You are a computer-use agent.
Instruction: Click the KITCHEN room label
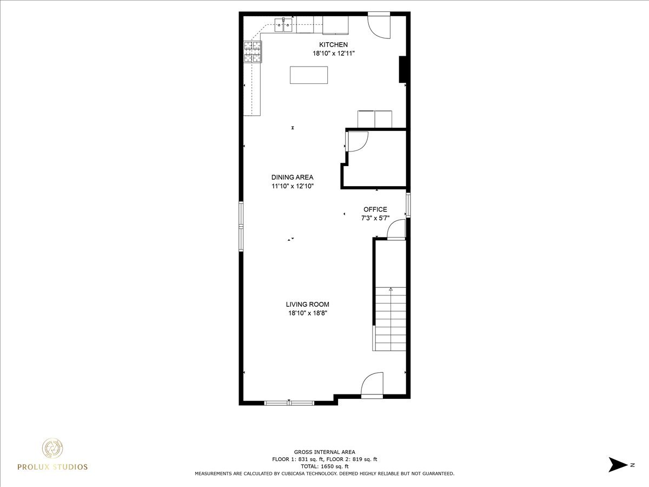coord(333,45)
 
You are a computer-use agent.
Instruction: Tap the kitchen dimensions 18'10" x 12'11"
coord(334,54)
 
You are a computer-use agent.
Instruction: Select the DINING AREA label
coord(292,177)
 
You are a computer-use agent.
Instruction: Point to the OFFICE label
coord(375,209)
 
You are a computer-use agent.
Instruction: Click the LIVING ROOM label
coord(308,304)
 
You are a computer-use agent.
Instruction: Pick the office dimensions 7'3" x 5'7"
coord(375,218)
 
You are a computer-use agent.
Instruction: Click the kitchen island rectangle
coord(309,75)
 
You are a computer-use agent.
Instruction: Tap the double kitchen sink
coord(284,25)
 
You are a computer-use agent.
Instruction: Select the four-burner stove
coord(253,52)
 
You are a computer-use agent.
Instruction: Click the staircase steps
coord(390,319)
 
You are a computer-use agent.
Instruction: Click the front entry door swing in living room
coord(372,385)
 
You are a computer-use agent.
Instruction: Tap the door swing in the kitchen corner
coord(379,26)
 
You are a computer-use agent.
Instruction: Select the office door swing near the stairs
coord(396,229)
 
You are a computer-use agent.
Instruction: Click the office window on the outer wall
coord(408,205)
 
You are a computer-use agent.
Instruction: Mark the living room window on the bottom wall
coord(289,403)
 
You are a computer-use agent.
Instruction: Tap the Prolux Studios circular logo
coord(52,449)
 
